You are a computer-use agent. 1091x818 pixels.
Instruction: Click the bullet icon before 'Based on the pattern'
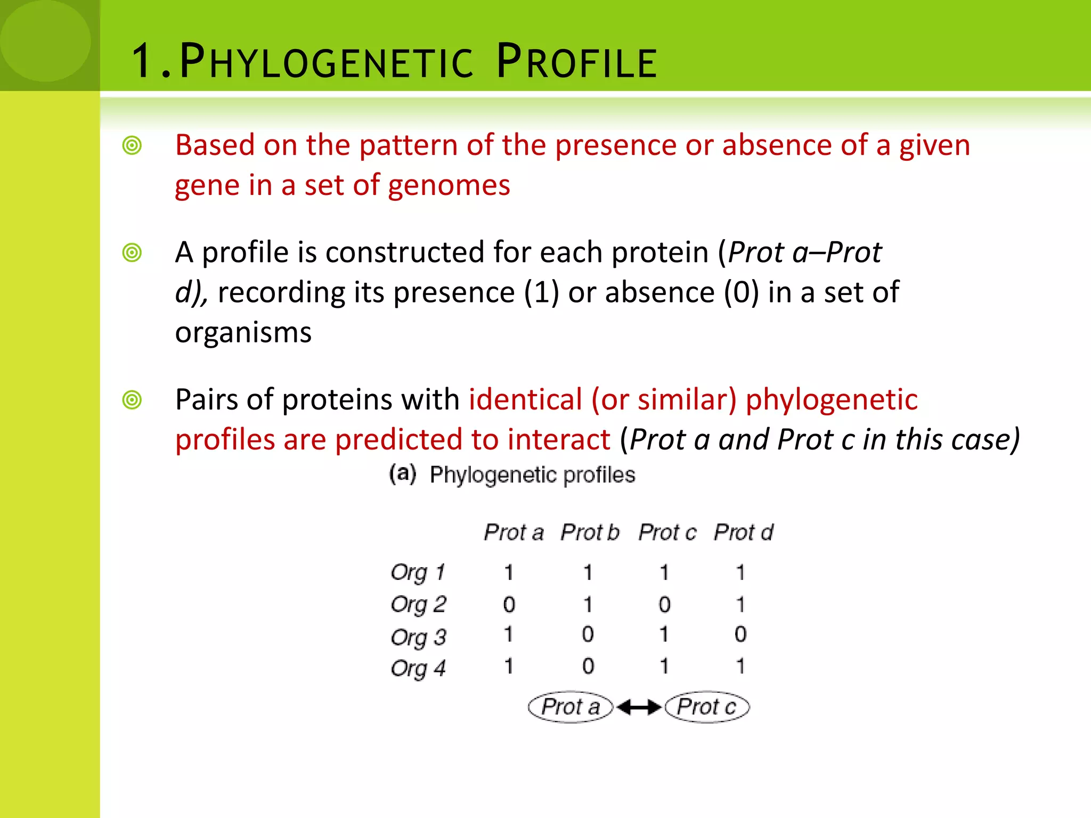(x=132, y=145)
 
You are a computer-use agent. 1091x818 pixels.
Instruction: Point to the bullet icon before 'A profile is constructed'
(x=132, y=252)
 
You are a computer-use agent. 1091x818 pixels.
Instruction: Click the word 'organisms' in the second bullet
(x=243, y=333)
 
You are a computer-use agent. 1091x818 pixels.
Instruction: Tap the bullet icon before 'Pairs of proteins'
(x=132, y=400)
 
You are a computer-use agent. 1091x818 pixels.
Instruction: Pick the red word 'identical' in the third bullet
(x=525, y=399)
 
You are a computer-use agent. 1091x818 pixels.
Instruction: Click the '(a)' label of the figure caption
(x=403, y=473)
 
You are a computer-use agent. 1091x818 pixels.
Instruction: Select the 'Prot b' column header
(x=590, y=532)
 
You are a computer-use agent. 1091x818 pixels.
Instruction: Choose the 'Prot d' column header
(x=743, y=532)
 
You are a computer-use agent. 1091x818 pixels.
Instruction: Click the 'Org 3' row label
(x=418, y=637)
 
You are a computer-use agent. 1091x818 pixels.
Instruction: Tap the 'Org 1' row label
(x=417, y=572)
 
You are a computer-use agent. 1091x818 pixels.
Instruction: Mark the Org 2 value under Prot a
(x=509, y=604)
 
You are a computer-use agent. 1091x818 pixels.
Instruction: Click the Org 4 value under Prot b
(x=588, y=666)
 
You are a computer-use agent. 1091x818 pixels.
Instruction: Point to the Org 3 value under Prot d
(x=740, y=634)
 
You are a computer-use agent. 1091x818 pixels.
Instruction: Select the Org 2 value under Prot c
(x=664, y=604)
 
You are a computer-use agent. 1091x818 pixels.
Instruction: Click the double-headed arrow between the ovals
(x=639, y=707)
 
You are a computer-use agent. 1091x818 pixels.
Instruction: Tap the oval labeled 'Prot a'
(x=571, y=707)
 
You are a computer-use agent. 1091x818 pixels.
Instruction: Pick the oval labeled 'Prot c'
(x=707, y=707)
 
